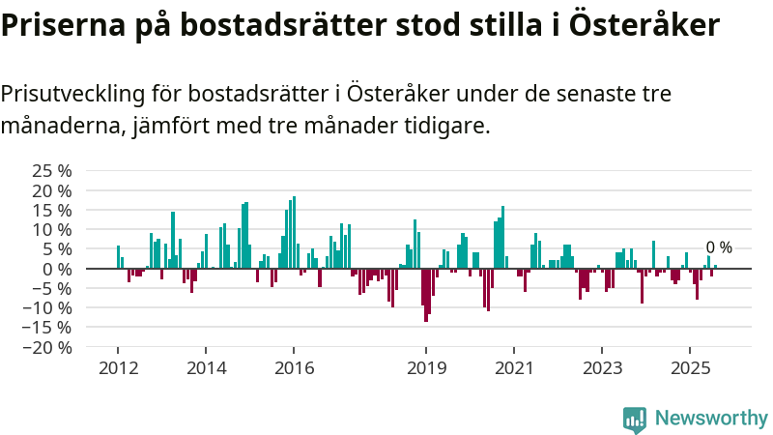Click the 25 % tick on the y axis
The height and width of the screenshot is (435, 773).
coord(52,170)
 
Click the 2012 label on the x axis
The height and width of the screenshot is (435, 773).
coord(118,368)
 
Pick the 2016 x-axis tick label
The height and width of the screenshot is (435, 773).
coord(295,368)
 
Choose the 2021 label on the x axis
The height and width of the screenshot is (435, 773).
coord(513,368)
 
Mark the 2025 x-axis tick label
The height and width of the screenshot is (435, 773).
coord(690,368)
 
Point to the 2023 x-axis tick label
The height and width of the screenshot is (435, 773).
coord(602,368)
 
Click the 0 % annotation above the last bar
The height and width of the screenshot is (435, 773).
coord(719,247)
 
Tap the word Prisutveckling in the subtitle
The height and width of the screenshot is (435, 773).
coord(72,94)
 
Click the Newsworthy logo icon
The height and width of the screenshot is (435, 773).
coord(635,419)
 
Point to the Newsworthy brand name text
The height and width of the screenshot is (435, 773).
coord(711,419)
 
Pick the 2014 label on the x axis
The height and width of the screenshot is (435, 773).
coord(206,368)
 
